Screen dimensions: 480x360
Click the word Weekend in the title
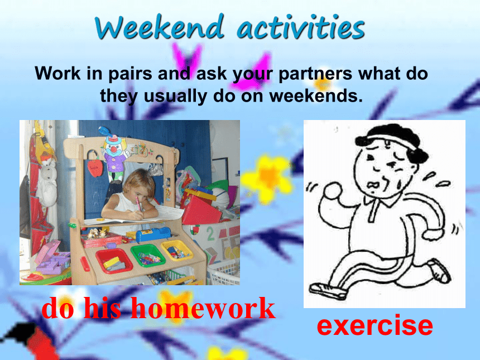click(160, 27)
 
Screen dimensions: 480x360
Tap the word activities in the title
click(301, 27)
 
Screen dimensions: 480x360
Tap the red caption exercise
click(375, 325)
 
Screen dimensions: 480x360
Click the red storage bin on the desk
click(114, 261)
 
